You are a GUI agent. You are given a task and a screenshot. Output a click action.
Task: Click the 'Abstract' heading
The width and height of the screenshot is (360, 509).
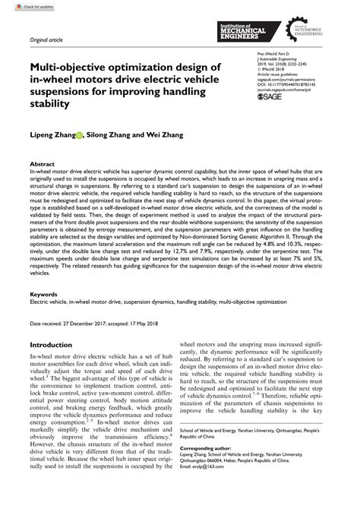41,163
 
